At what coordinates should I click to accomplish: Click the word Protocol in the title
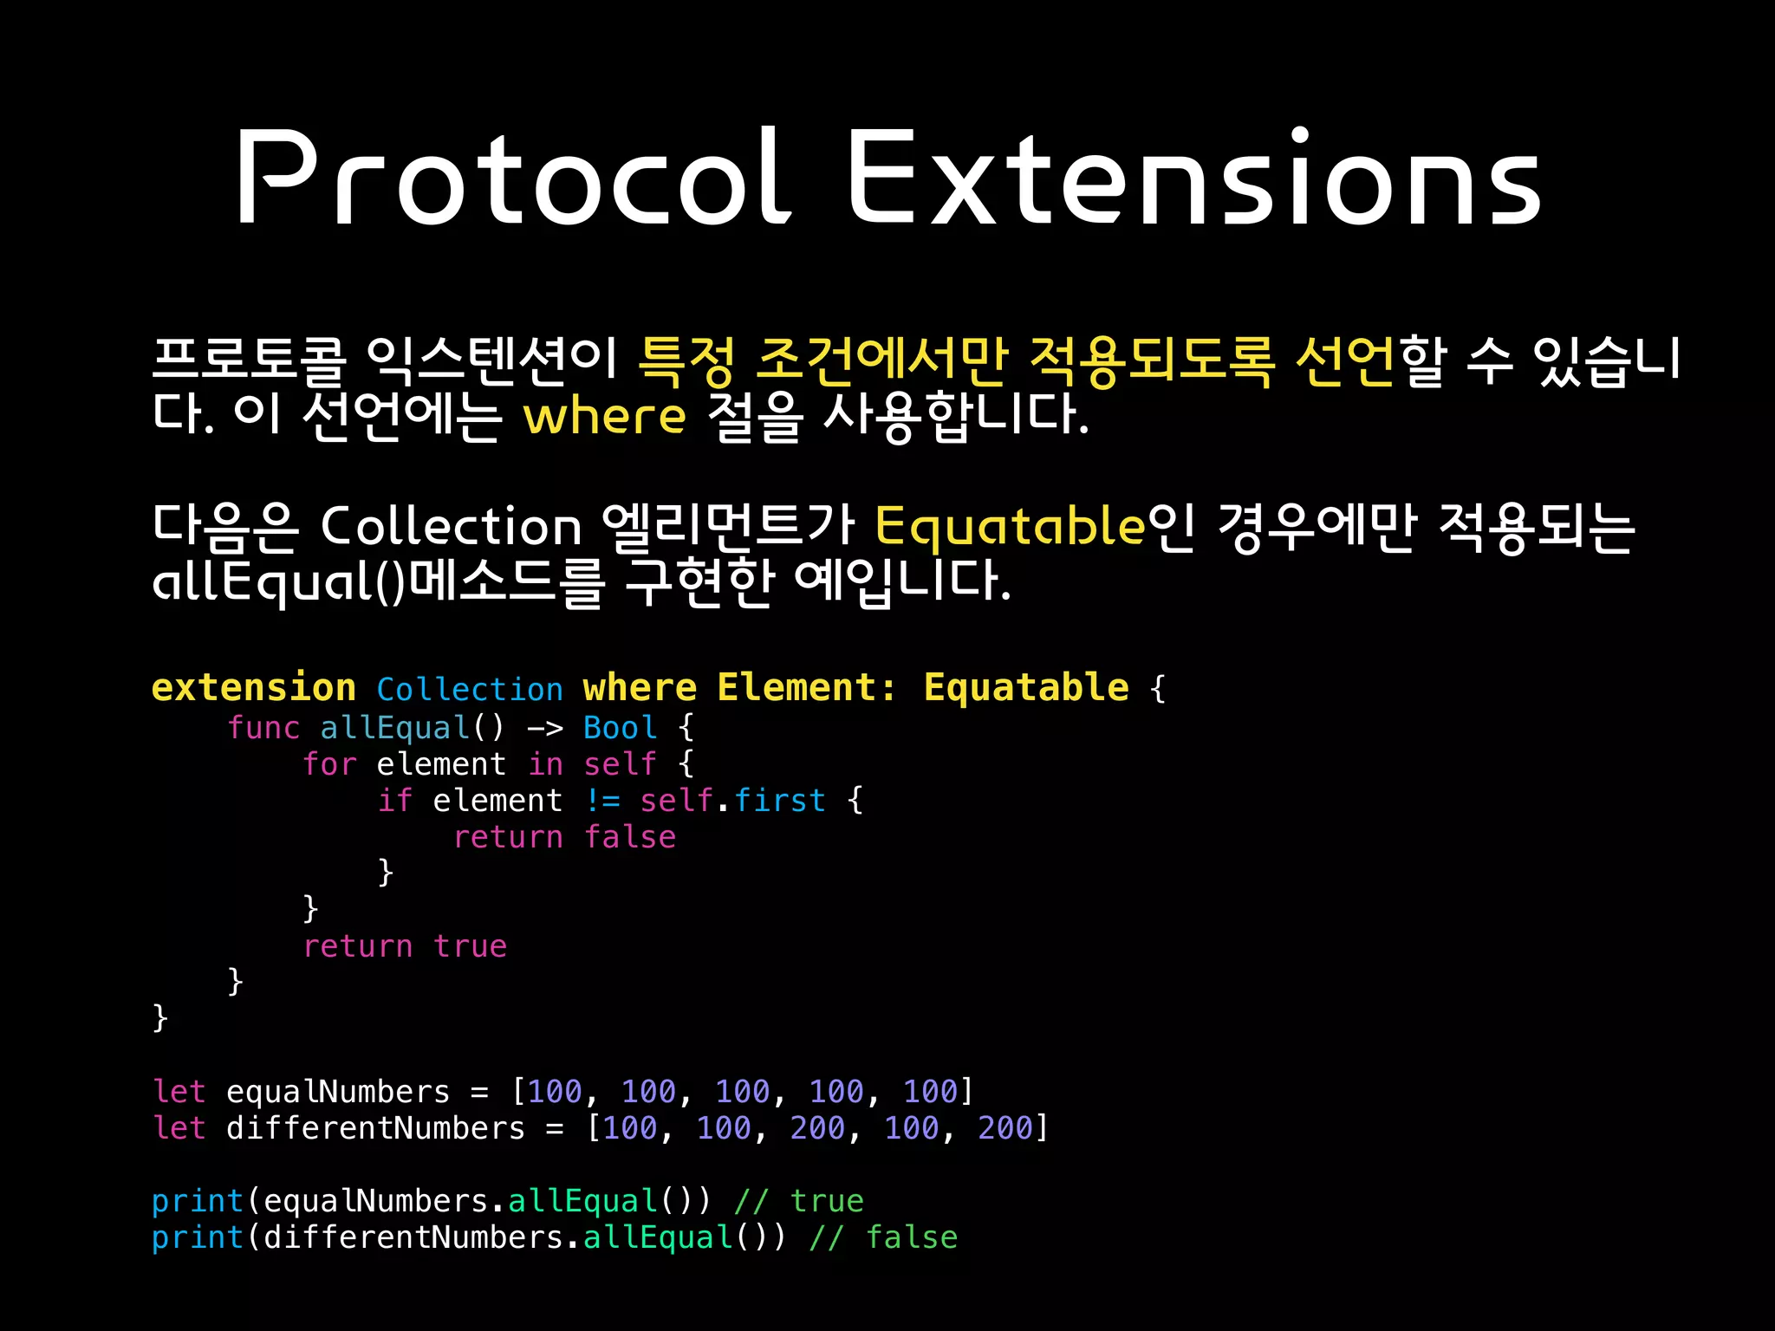(511, 178)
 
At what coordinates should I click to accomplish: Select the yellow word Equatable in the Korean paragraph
(1010, 526)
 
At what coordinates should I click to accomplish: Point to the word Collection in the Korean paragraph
(451, 526)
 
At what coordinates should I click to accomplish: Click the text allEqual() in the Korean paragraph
(277, 581)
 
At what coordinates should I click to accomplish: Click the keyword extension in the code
(253, 688)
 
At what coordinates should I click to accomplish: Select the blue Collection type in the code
(470, 690)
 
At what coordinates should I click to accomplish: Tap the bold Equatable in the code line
(1025, 688)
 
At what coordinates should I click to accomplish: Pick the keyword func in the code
(263, 728)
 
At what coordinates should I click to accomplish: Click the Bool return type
(620, 728)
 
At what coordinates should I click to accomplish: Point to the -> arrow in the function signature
(544, 728)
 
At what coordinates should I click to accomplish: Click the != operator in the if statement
(602, 801)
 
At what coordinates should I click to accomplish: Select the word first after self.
(779, 801)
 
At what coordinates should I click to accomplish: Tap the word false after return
(629, 837)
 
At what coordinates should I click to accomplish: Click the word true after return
(470, 946)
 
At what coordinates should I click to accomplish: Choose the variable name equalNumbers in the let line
(338, 1092)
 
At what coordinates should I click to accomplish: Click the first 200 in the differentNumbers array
(817, 1128)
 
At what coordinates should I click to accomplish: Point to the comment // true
(798, 1201)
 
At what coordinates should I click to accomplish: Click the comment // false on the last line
(883, 1237)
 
